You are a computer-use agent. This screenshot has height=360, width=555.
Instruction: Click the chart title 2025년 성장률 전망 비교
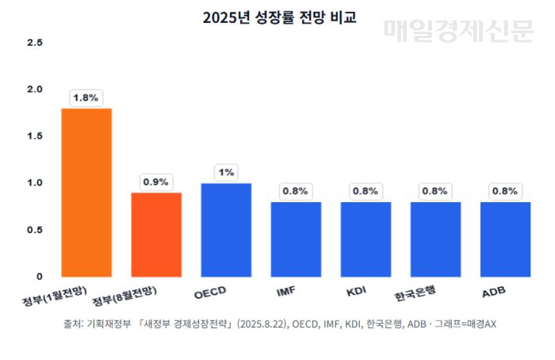tap(278, 17)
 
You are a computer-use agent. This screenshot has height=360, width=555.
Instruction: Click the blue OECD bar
tap(226, 229)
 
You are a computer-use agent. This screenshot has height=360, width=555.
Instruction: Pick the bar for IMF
tap(296, 239)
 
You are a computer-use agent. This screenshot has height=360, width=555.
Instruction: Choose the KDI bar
tap(366, 239)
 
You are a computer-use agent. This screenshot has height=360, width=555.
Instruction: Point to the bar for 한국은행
tap(435, 239)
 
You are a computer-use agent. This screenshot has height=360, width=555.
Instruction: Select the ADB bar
tap(505, 239)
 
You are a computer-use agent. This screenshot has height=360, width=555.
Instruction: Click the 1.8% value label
tap(86, 98)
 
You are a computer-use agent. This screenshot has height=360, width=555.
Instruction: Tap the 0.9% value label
tap(156, 182)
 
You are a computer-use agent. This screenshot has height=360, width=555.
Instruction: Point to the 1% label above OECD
tap(226, 172)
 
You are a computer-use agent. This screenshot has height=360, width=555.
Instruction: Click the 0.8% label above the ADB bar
tap(505, 191)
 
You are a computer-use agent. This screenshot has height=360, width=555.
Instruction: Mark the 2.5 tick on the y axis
tap(34, 42)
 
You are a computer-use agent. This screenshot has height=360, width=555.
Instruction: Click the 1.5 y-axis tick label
tap(34, 136)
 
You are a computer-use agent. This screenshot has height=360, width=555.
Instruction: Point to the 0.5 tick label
tap(34, 229)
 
